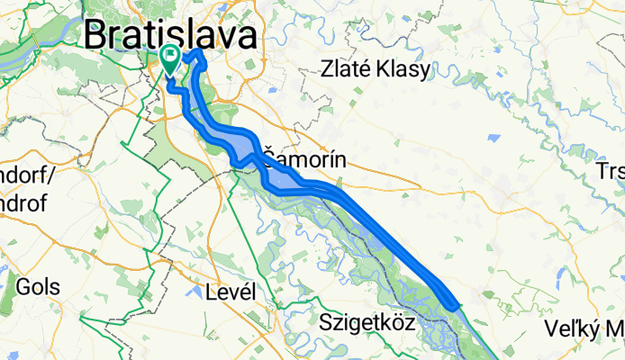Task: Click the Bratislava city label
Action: pyautogui.click(x=170, y=35)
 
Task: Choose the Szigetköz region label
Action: pyautogui.click(x=367, y=320)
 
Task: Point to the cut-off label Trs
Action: pyautogui.click(x=611, y=171)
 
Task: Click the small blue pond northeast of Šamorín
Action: pyautogui.click(x=494, y=139)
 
